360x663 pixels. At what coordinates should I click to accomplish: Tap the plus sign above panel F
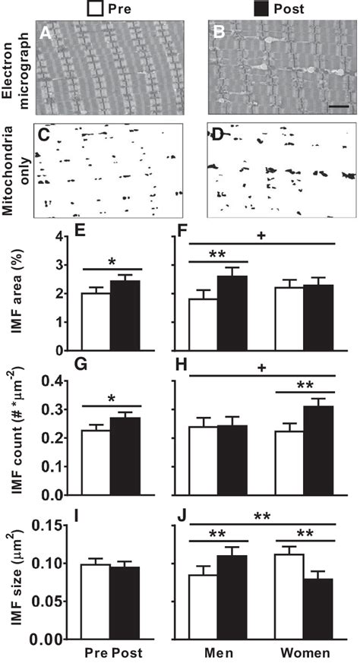260,237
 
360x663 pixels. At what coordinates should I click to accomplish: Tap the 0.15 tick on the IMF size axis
50,525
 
